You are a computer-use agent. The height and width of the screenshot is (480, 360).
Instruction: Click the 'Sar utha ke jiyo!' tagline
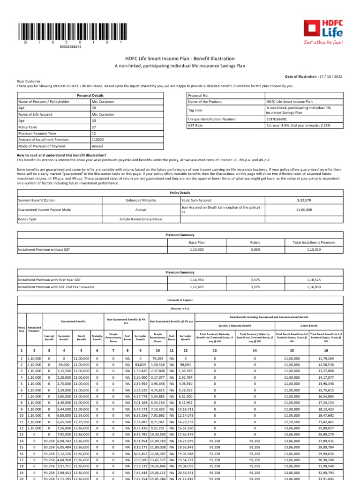coord(326,42)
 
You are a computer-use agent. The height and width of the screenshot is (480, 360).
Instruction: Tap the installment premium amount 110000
coord(97,140)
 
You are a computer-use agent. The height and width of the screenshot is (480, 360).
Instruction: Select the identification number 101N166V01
coord(276,120)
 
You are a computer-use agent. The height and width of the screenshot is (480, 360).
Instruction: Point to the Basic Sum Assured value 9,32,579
coord(304,200)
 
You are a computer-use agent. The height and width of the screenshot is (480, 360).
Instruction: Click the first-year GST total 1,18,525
coord(314,280)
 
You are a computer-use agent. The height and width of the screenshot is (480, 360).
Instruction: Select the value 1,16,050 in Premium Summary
coord(314,286)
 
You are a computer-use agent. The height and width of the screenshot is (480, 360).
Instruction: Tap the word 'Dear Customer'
coord(29,81)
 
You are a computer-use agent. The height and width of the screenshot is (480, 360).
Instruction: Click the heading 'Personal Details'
coord(90,95)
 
